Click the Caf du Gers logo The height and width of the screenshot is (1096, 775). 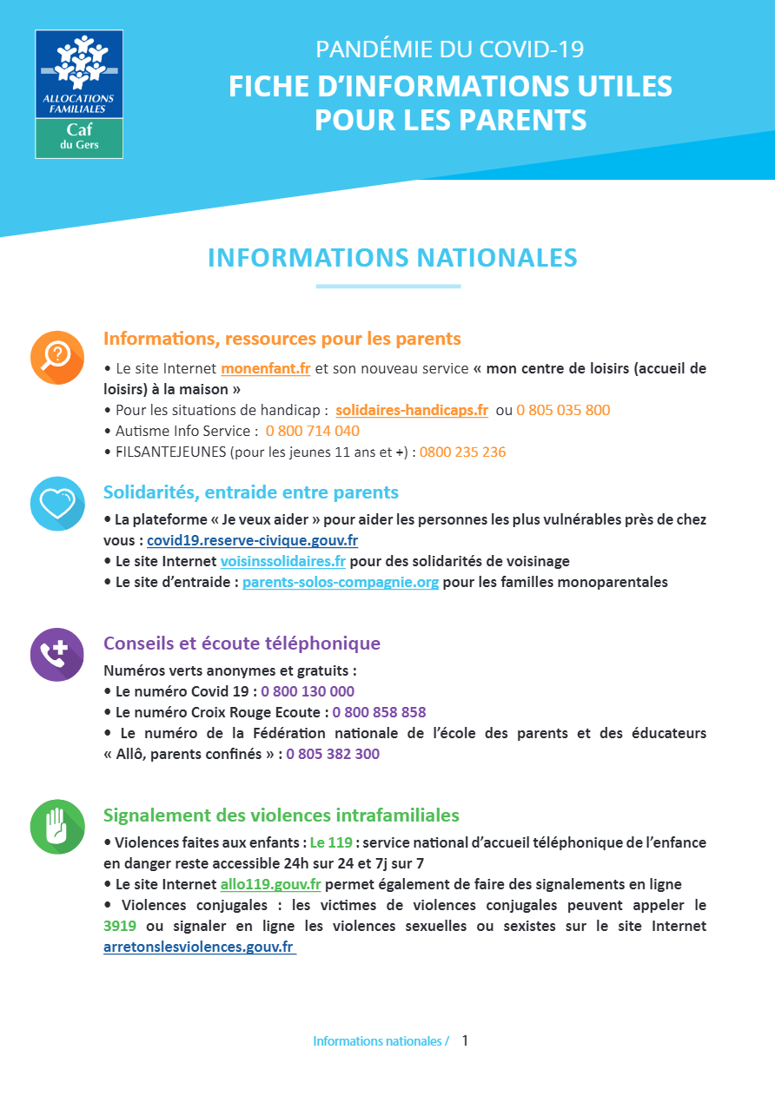click(x=79, y=94)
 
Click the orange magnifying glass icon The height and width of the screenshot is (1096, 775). click(x=57, y=357)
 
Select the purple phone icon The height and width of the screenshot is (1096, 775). click(x=57, y=654)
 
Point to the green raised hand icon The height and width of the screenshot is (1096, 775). click(x=57, y=826)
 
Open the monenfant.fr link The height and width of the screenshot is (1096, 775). click(x=265, y=367)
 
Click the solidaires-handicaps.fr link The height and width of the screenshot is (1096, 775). click(x=412, y=410)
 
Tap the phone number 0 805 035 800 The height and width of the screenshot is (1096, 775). click(x=563, y=410)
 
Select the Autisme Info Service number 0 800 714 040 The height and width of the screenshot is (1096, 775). click(x=313, y=431)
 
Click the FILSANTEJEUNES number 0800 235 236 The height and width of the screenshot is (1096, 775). click(x=462, y=452)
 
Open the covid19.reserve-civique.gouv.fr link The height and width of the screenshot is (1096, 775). click(x=252, y=540)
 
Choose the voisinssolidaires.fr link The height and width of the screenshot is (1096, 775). click(x=282, y=561)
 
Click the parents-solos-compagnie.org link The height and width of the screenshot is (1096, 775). click(x=341, y=582)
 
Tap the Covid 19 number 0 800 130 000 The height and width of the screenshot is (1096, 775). click(x=308, y=691)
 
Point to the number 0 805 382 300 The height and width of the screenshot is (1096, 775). click(x=333, y=754)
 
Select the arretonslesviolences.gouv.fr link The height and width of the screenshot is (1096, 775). click(x=198, y=947)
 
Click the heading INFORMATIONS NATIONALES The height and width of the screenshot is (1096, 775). click(x=393, y=258)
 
